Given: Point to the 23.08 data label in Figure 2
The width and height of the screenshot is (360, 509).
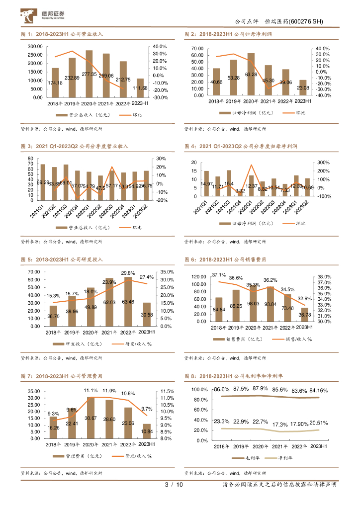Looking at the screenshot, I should pyautogui.click(x=303, y=88).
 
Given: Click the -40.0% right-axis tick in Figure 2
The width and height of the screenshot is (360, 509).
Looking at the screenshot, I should pyautogui.click(x=319, y=95).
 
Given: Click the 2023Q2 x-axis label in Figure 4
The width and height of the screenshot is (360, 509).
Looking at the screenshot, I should pyautogui.click(x=304, y=205).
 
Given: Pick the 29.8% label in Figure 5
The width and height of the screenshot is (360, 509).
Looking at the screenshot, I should pyautogui.click(x=128, y=273).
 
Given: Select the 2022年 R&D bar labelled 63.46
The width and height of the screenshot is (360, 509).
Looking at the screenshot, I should pyautogui.click(x=128, y=301).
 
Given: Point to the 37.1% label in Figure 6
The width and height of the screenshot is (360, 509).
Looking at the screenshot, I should pyautogui.click(x=219, y=275).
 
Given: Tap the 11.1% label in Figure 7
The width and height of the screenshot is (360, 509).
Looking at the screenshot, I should pyautogui.click(x=90, y=391).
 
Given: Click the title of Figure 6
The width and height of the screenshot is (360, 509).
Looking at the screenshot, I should pyautogui.click(x=225, y=260).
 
